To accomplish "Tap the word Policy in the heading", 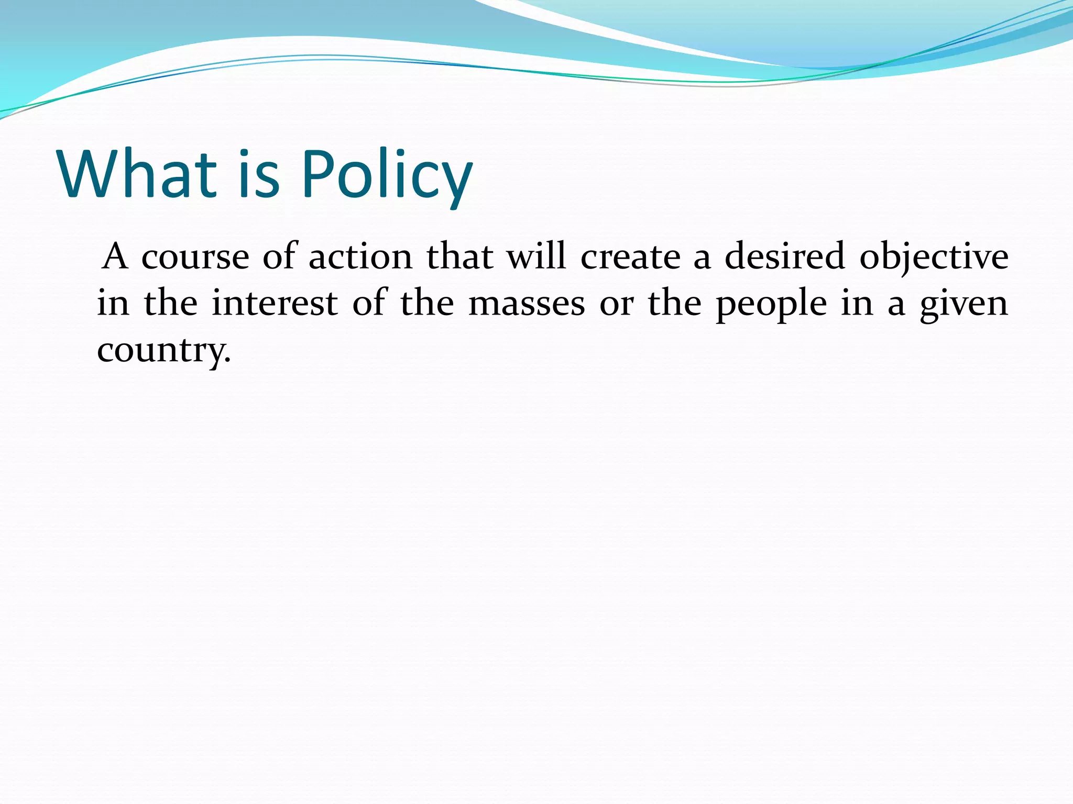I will pyautogui.click(x=387, y=175).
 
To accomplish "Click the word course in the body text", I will pyautogui.click(x=195, y=257).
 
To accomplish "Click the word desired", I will pyautogui.click(x=784, y=257).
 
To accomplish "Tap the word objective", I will pyautogui.click(x=934, y=258).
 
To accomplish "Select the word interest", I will pyautogui.click(x=275, y=304).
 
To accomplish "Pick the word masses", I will pyautogui.click(x=526, y=304).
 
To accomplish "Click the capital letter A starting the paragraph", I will pyautogui.click(x=115, y=257).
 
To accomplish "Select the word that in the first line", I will pyautogui.click(x=459, y=257).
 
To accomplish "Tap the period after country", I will pyautogui.click(x=227, y=362).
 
